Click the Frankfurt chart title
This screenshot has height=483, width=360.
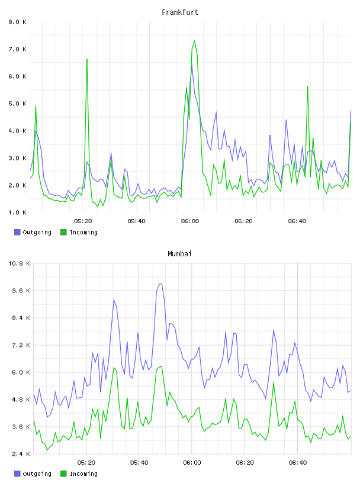coord(180,12)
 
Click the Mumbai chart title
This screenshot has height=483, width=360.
coord(179,254)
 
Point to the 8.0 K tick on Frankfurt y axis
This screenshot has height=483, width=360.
coord(18,22)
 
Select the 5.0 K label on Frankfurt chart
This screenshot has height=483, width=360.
coord(18,104)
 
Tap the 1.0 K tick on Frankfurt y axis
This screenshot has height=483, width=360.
coord(18,212)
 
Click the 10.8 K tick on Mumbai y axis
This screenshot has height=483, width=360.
coord(19,263)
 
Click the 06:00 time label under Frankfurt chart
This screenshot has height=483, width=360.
coord(190,221)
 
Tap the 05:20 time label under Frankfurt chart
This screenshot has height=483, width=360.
coord(83,221)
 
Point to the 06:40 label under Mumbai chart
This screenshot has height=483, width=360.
coord(298,463)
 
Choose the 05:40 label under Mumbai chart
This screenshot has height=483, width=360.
coord(139,463)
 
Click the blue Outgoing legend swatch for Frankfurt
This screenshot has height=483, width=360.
coord(17,232)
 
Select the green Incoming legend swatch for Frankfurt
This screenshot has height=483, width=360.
coord(63,232)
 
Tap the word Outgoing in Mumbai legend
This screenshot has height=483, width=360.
coord(37,474)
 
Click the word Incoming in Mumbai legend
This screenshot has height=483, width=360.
coord(83,474)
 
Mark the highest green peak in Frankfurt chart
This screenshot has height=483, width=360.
coord(194,41)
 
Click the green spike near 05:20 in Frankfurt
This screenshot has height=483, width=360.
coord(87,59)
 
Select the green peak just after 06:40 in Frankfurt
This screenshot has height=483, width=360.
coord(308,86)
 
